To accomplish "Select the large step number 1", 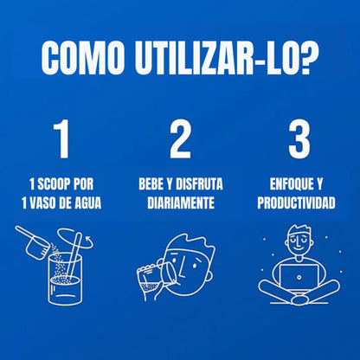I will (61, 141).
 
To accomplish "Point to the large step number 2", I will (180, 141).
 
